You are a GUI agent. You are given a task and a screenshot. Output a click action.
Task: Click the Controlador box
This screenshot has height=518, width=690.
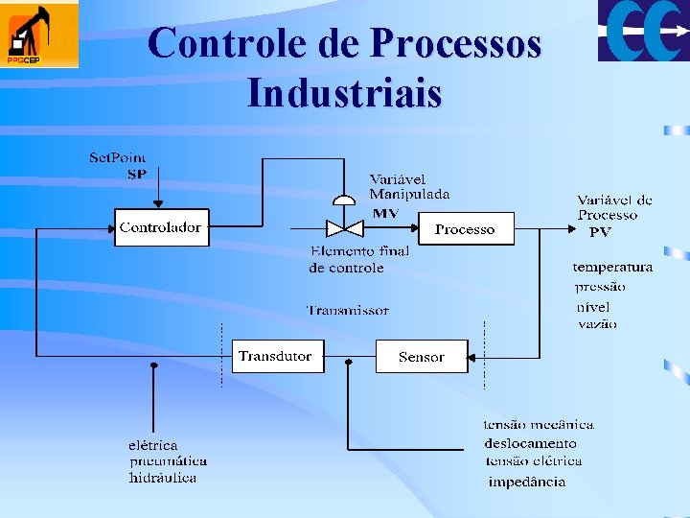pyautogui.click(x=161, y=227)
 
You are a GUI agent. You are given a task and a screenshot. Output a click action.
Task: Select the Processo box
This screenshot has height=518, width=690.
pyautogui.click(x=465, y=228)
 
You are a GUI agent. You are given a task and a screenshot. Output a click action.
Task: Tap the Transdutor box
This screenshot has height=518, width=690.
pyautogui.click(x=277, y=356)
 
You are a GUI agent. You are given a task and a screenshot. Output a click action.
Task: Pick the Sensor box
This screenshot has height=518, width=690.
pyautogui.click(x=422, y=356)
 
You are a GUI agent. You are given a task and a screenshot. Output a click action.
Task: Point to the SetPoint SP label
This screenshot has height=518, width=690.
pyautogui.click(x=120, y=165)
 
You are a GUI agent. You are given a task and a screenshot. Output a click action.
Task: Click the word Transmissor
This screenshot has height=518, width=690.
pyautogui.click(x=348, y=310)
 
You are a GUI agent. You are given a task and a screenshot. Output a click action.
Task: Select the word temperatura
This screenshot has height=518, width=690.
pyautogui.click(x=612, y=267)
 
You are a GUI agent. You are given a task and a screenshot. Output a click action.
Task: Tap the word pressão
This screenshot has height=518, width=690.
pyautogui.click(x=600, y=286)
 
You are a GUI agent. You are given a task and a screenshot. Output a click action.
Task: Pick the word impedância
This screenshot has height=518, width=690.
pyautogui.click(x=527, y=482)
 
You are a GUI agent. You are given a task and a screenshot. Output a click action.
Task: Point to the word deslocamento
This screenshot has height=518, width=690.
pyautogui.click(x=531, y=443)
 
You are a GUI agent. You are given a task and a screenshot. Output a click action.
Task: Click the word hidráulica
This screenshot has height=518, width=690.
pyautogui.click(x=163, y=478)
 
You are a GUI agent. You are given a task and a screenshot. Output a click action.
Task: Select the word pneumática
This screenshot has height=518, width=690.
pyautogui.click(x=169, y=461)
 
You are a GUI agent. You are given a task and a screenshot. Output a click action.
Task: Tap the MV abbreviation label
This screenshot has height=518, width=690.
pyautogui.click(x=385, y=212)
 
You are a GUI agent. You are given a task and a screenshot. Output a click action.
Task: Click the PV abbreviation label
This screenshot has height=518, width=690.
pyautogui.click(x=600, y=232)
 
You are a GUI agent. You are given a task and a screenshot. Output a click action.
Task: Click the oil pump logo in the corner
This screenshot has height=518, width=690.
pyautogui.click(x=39, y=35)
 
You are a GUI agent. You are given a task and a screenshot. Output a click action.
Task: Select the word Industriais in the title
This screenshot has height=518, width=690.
pyautogui.click(x=344, y=94)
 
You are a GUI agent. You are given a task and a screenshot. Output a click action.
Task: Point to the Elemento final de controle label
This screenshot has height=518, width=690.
pyautogui.click(x=359, y=259)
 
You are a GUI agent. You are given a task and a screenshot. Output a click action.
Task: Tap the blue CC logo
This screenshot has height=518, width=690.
pyautogui.click(x=643, y=31)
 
